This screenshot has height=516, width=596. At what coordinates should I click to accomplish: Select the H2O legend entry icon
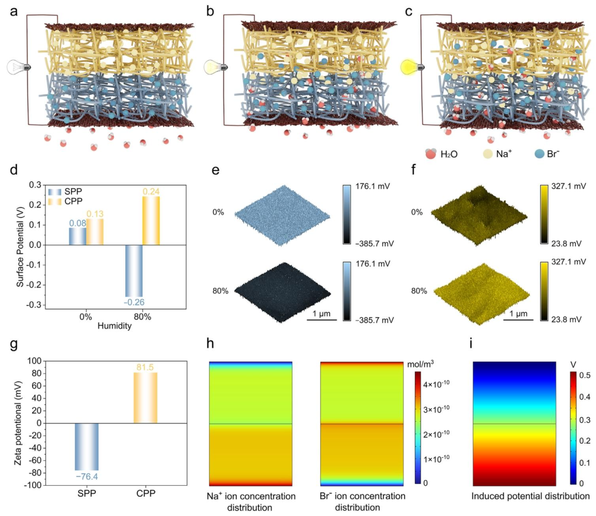coord(430,153)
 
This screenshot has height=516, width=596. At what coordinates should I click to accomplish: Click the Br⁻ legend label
coord(553,153)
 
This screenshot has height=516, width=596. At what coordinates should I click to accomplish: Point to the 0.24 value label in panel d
coord(151,191)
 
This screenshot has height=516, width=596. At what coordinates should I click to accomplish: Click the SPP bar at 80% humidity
coord(134,271)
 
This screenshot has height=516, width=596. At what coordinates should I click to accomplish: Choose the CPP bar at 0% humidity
coord(95,232)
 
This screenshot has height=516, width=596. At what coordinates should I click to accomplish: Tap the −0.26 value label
coord(134,302)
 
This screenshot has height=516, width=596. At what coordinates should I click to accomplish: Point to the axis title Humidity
coord(114,326)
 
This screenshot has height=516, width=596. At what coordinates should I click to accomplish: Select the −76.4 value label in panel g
coord(87,476)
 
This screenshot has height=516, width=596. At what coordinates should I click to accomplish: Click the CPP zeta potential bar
coord(146,398)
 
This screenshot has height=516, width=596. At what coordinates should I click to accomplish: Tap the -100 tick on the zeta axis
coord(34,485)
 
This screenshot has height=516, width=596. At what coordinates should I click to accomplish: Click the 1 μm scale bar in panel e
coord(322,320)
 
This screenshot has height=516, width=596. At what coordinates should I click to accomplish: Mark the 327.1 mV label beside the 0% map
coord(568,187)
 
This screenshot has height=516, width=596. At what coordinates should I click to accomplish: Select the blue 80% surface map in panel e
coord(283,292)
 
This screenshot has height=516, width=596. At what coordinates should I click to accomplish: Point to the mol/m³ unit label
coord(421,364)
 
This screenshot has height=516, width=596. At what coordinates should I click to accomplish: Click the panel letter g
coord(14,344)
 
